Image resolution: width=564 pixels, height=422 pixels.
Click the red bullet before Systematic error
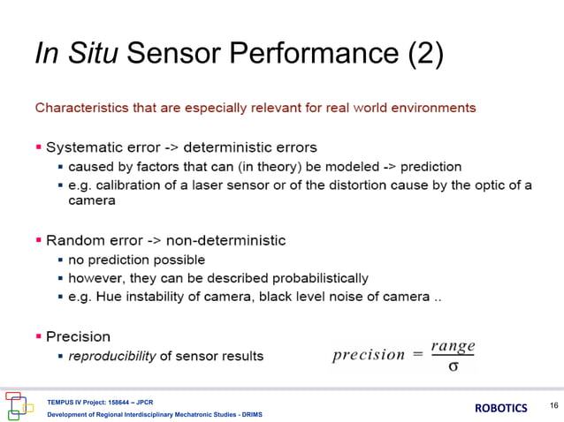(x=39, y=147)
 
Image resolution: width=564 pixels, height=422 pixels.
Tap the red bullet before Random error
(x=39, y=240)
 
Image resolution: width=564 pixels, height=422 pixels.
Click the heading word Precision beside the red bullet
(x=78, y=336)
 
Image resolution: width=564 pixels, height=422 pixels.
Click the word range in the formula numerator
(x=453, y=346)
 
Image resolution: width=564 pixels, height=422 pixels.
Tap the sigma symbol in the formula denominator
(x=453, y=365)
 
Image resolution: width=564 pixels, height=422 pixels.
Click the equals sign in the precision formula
(x=416, y=355)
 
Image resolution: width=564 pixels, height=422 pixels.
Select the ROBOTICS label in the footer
(x=501, y=408)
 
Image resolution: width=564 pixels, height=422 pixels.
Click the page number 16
(x=553, y=404)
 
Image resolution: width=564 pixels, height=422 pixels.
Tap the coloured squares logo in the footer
(x=19, y=404)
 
